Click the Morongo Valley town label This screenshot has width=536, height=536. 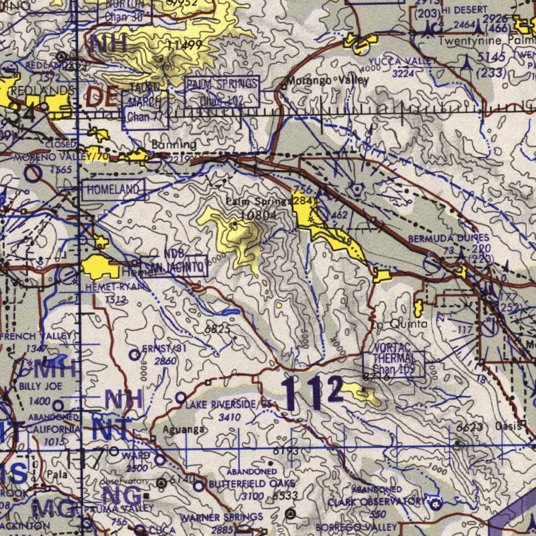pos(328,81)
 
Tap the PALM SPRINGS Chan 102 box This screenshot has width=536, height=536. pos(222,92)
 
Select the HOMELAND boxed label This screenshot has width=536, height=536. pos(114,190)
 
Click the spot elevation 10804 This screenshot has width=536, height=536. pos(259,215)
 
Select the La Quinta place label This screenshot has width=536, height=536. pos(401,324)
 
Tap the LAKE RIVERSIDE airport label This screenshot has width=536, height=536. pos(229,404)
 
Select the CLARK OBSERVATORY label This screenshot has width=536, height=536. pos(377,502)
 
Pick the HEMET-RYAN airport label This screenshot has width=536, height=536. pos(110,287)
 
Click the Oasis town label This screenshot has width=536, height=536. pos(508,427)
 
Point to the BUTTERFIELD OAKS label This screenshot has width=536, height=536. pos(252,484)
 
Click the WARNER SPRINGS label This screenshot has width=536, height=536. pos(221,517)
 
